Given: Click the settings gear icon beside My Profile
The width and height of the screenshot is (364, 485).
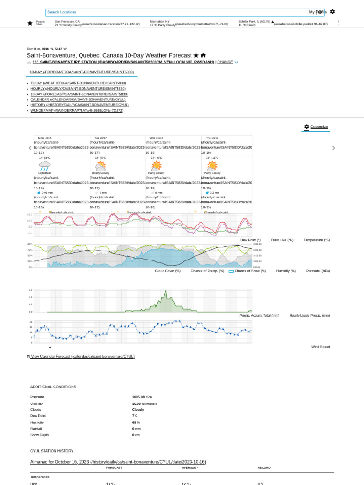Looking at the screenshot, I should point(332,12).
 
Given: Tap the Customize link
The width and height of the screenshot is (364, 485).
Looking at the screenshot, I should point(318,127).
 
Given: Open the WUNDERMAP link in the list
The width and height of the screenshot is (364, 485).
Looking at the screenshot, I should point(77,111).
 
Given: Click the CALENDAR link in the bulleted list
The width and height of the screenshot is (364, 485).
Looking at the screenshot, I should point(78,99).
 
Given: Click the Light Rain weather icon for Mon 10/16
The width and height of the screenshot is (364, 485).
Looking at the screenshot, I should point(45,166).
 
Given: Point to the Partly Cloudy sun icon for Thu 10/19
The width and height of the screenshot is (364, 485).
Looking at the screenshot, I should point(212,166).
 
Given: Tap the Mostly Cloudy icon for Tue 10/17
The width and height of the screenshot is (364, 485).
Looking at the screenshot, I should point(100,166).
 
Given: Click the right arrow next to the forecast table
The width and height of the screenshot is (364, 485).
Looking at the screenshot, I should point(333,148).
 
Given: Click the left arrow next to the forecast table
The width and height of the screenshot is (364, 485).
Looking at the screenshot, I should point(30,148).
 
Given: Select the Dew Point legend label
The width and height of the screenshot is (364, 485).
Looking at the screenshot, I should point(250,240).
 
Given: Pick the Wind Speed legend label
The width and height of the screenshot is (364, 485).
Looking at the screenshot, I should point(320,347).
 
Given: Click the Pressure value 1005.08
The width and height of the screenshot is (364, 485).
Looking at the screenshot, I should point(139,397).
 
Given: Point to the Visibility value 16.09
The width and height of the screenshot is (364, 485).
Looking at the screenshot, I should point(138,404).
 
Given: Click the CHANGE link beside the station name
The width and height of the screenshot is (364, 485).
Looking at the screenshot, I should point(225,62).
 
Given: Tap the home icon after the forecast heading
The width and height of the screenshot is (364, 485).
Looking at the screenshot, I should point(203,55).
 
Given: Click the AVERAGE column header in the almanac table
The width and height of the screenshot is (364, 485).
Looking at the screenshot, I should point(190,467).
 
